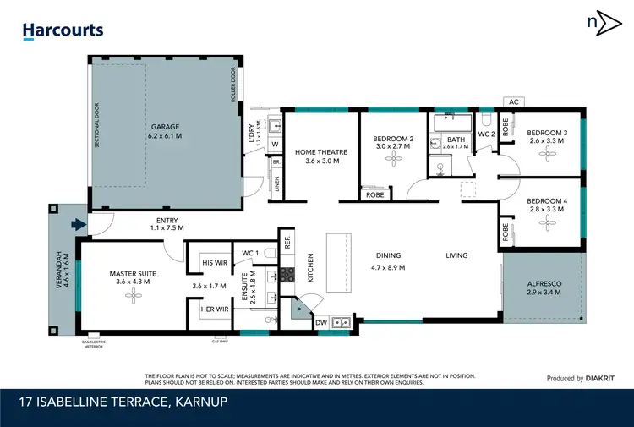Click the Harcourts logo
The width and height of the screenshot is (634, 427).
[63, 30]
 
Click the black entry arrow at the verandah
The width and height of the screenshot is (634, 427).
[80, 224]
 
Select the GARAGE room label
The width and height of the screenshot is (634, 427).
[165, 127]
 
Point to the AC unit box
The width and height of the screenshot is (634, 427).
[512, 101]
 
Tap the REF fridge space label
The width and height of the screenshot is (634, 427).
[287, 240]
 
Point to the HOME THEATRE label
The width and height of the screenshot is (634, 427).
[317, 152]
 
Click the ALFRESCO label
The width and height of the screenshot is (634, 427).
[544, 282]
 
